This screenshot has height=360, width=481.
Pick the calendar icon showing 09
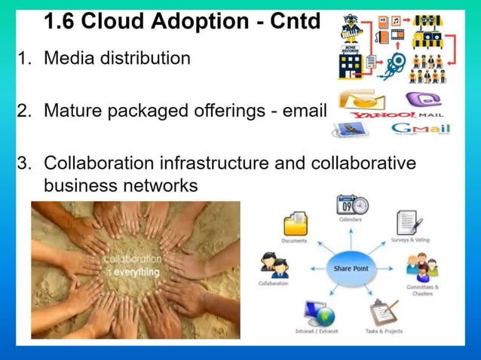(x=352, y=205)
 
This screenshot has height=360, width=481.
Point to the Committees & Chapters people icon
(x=421, y=267)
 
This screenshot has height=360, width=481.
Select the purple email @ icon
(x=419, y=99)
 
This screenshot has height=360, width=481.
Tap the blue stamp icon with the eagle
(x=351, y=129)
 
